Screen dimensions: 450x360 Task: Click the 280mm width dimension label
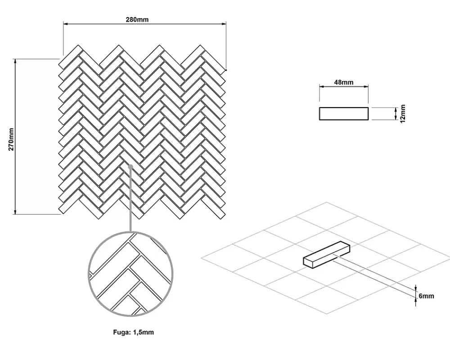click(x=137, y=19)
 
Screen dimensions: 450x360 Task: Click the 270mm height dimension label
click(x=11, y=139)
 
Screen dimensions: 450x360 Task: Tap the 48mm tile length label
click(x=343, y=82)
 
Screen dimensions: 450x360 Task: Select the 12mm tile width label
click(x=403, y=113)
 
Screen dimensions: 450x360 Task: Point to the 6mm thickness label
click(x=426, y=296)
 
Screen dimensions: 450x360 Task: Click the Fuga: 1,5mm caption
click(x=134, y=332)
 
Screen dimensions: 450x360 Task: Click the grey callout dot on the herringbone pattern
click(x=130, y=166)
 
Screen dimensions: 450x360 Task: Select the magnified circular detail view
click(x=130, y=274)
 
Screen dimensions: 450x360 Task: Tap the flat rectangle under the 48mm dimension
click(x=343, y=113)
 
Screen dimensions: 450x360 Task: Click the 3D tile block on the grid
click(x=327, y=255)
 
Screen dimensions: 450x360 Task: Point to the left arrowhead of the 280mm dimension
click(x=65, y=24)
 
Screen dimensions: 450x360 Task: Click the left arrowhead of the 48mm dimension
click(x=321, y=86)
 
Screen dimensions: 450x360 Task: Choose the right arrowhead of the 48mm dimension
click(x=366, y=86)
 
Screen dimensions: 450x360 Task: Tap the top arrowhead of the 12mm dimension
click(x=396, y=109)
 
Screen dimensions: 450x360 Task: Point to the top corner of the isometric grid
click(x=327, y=202)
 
